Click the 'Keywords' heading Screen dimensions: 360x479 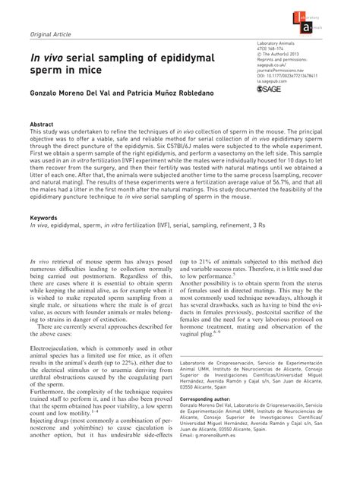[x=44, y=216]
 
